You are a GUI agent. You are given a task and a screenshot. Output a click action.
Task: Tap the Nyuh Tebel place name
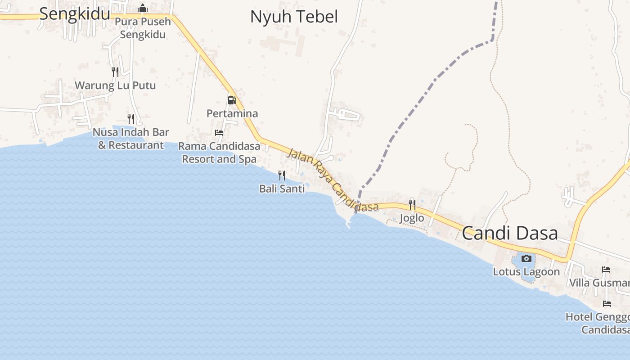(x=294, y=17)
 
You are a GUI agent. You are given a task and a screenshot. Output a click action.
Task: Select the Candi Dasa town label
(x=510, y=233)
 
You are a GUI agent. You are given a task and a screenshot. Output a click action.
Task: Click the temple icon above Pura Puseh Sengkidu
(x=143, y=8)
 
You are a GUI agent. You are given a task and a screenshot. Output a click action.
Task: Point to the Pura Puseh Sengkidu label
(x=143, y=28)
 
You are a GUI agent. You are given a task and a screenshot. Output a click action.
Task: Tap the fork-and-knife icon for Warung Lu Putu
(x=115, y=72)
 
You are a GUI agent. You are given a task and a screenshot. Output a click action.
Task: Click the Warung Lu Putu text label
(x=115, y=85)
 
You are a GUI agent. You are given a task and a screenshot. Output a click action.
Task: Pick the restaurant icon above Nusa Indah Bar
(x=131, y=118)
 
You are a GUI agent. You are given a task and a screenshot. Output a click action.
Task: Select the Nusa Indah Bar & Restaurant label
(x=131, y=139)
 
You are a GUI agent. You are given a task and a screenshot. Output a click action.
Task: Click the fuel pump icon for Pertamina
(x=232, y=100)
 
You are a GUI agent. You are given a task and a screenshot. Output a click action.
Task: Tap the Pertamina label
(x=232, y=113)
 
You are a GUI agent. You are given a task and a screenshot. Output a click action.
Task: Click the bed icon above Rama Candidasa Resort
(x=219, y=133)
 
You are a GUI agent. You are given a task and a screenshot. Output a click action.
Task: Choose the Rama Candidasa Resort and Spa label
(x=219, y=153)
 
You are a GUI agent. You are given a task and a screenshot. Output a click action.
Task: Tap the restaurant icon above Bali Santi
(x=282, y=175)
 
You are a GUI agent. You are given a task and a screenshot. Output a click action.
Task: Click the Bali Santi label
(x=282, y=189)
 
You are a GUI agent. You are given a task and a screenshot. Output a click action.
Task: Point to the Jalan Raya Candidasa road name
(x=333, y=180)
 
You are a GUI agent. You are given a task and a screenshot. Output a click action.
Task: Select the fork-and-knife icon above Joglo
(x=412, y=205)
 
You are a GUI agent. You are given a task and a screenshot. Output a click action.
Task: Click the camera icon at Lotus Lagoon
(x=526, y=258)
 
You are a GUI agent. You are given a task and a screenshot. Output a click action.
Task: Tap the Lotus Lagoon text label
(x=526, y=272)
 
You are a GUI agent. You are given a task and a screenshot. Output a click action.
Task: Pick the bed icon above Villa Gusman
(x=606, y=270)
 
